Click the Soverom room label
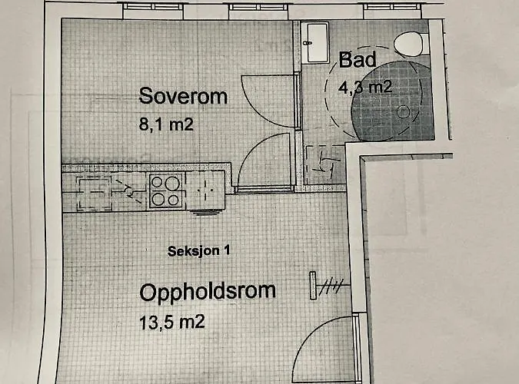click(183, 97)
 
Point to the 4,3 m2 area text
click(365, 86)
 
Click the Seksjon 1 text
click(199, 251)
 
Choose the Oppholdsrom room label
click(208, 293)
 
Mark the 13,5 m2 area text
click(173, 322)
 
